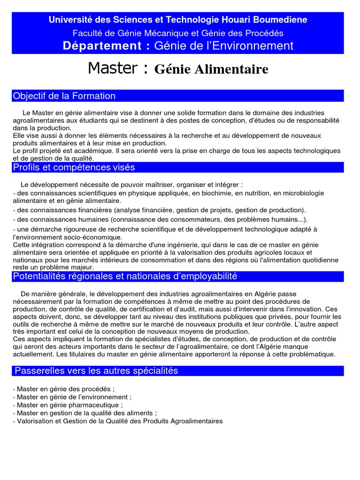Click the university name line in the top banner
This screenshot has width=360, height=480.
click(x=178, y=20)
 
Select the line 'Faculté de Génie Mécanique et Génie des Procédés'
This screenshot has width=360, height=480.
click(x=178, y=33)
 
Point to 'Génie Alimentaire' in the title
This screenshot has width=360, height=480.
click(x=211, y=69)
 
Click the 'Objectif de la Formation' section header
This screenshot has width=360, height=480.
click(x=64, y=96)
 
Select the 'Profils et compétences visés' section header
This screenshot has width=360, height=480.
click(x=74, y=167)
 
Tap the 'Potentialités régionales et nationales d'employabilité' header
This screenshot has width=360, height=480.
click(x=125, y=277)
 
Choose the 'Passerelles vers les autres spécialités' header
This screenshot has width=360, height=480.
click(x=97, y=371)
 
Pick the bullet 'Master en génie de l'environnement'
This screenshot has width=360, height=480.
click(x=72, y=397)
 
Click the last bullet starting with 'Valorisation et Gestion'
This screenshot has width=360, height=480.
click(x=118, y=421)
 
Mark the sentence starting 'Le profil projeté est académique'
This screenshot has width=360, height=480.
click(x=176, y=151)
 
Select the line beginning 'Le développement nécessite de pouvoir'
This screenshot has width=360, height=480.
click(x=132, y=185)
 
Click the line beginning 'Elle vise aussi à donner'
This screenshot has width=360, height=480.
click(x=167, y=135)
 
